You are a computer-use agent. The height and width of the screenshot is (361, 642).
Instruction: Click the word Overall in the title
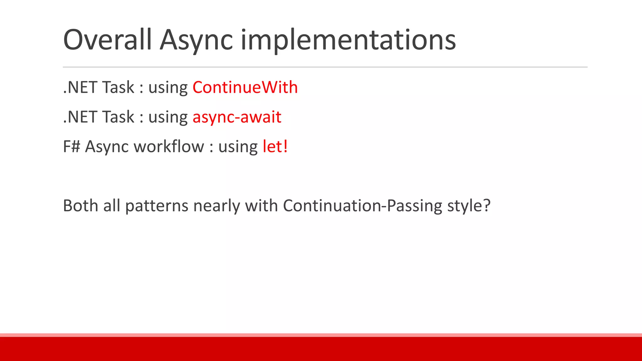click(107, 40)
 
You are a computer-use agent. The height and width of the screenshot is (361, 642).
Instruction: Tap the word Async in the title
click(196, 41)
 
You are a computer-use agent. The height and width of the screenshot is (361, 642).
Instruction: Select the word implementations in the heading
click(348, 41)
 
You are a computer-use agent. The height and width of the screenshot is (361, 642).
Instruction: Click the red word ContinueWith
click(245, 87)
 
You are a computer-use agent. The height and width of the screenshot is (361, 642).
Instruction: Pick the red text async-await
click(237, 117)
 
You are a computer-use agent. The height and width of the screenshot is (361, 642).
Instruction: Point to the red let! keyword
click(275, 146)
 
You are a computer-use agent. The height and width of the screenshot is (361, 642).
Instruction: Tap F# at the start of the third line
click(71, 146)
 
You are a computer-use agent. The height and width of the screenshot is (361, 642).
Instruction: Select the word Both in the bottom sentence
click(81, 206)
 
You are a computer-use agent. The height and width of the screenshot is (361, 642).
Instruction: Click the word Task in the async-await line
click(118, 117)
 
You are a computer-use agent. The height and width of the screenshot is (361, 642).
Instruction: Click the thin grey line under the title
click(325, 67)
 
